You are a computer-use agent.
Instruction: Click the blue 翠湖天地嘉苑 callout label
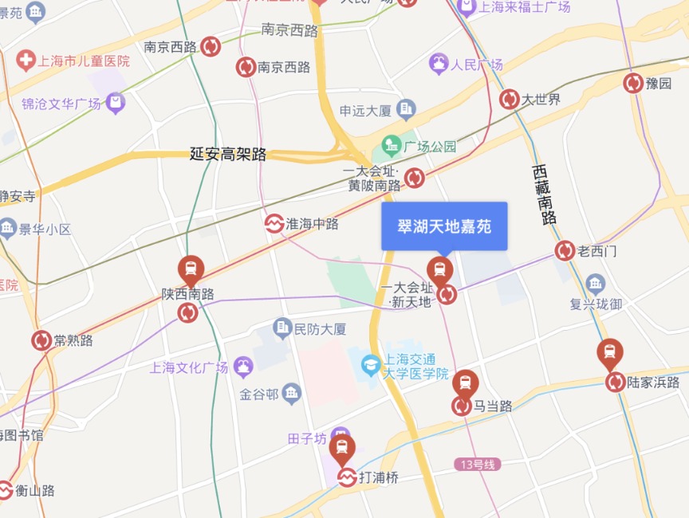click(444, 226)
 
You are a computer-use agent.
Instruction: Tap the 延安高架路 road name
click(228, 155)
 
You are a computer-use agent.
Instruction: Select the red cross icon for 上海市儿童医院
click(26, 61)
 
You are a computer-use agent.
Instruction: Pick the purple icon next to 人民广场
click(439, 65)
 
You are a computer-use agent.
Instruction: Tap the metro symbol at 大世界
click(510, 100)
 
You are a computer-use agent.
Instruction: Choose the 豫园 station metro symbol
click(633, 83)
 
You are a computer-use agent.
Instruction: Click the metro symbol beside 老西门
click(565, 251)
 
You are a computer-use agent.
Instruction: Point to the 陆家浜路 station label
click(654, 383)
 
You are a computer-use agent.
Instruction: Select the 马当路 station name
click(493, 406)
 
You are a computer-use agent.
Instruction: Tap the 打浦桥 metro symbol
click(346, 477)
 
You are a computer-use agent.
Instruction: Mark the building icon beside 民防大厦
click(282, 328)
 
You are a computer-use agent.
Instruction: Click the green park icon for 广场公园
click(391, 146)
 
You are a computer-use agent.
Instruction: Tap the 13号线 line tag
click(478, 464)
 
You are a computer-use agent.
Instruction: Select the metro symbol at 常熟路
click(41, 340)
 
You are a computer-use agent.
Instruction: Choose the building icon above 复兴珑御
click(595, 283)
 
